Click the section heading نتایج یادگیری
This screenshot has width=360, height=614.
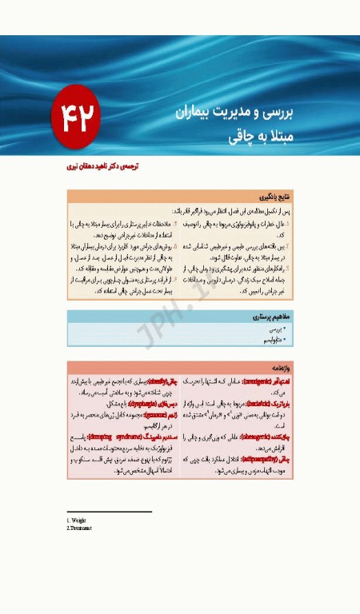click(x=273, y=196)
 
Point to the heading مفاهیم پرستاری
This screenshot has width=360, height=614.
click(x=268, y=317)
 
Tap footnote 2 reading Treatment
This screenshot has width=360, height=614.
click(x=81, y=528)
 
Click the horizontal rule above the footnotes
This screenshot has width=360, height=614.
click(x=110, y=512)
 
